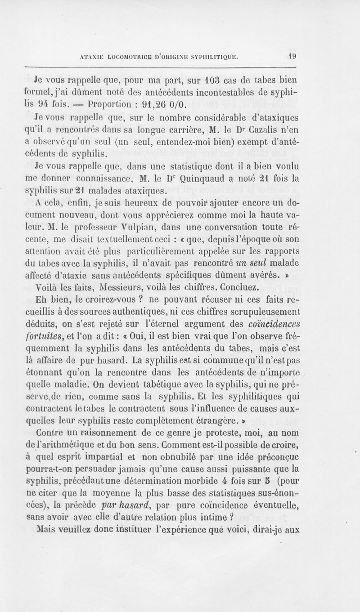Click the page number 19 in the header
(x=292, y=57)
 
